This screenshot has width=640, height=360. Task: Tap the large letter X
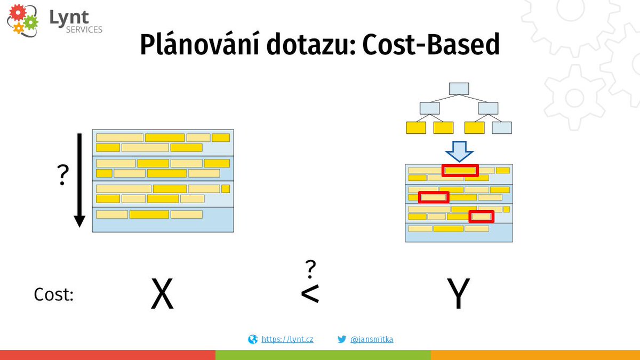(x=162, y=294)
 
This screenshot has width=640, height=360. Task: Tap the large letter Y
(x=458, y=294)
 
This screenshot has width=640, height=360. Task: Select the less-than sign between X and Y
(x=310, y=294)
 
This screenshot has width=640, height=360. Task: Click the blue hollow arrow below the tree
(x=459, y=151)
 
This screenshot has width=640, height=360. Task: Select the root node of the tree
(x=459, y=89)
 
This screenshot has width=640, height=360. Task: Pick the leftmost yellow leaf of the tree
(x=416, y=128)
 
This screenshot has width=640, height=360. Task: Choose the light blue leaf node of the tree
(x=502, y=128)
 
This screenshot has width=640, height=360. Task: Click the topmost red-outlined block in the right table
(x=461, y=170)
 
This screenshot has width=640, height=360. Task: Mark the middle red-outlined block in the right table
(x=434, y=197)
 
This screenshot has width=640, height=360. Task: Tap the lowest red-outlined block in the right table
(x=481, y=217)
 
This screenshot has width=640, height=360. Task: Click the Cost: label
(x=53, y=295)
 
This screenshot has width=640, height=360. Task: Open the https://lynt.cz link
(x=287, y=339)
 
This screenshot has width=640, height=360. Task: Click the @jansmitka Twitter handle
(x=372, y=339)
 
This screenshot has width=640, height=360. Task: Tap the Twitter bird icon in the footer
(x=342, y=339)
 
